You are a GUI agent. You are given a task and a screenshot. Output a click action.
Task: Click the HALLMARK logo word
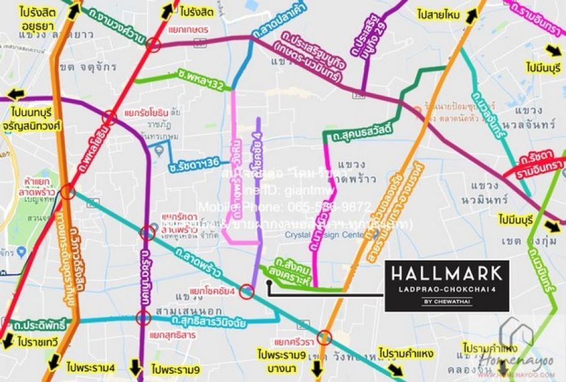click(x=447, y=273)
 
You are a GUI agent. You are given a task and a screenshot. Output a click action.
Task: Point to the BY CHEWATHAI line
click(x=447, y=301)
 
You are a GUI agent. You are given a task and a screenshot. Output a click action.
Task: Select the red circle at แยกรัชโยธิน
click(x=110, y=117)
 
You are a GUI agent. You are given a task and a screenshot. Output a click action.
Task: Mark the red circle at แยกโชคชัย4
click(x=246, y=292)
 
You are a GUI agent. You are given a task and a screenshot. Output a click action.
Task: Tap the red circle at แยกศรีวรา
click(x=325, y=337)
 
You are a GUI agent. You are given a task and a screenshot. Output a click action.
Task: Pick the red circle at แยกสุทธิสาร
click(x=145, y=318)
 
